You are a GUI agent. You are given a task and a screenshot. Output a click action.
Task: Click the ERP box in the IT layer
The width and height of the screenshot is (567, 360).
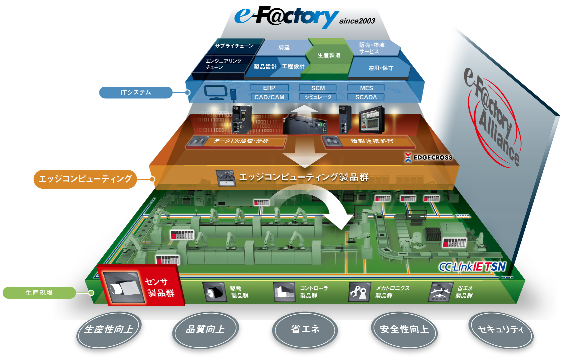269,88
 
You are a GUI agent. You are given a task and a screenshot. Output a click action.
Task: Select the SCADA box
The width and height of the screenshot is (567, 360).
366,97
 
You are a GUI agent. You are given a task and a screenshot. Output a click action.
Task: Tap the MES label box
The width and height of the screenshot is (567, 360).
366,88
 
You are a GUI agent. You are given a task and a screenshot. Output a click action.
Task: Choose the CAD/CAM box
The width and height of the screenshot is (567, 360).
269,97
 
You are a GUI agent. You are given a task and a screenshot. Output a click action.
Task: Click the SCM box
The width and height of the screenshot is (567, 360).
318,88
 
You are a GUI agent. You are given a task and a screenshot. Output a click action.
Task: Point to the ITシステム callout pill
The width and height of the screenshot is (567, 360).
136,92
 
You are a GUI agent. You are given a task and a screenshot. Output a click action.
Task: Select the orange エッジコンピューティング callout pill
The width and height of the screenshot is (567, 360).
85,179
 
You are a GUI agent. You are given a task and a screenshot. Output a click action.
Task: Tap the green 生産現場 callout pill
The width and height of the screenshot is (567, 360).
39,293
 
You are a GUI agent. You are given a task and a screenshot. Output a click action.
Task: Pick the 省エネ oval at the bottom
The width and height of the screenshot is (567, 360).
305,330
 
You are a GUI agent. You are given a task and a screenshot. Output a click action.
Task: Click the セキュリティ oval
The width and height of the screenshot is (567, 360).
501,330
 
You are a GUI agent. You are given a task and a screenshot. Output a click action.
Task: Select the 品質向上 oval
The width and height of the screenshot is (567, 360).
205,330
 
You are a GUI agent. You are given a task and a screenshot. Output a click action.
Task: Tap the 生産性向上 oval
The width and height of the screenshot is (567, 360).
109,330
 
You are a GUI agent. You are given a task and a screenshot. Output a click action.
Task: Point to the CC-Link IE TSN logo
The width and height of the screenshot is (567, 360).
472,267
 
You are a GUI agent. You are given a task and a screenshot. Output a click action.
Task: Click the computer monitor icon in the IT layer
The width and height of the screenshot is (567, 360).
215,92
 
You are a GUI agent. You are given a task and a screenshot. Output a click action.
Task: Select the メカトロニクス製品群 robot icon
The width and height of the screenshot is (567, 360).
359,292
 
